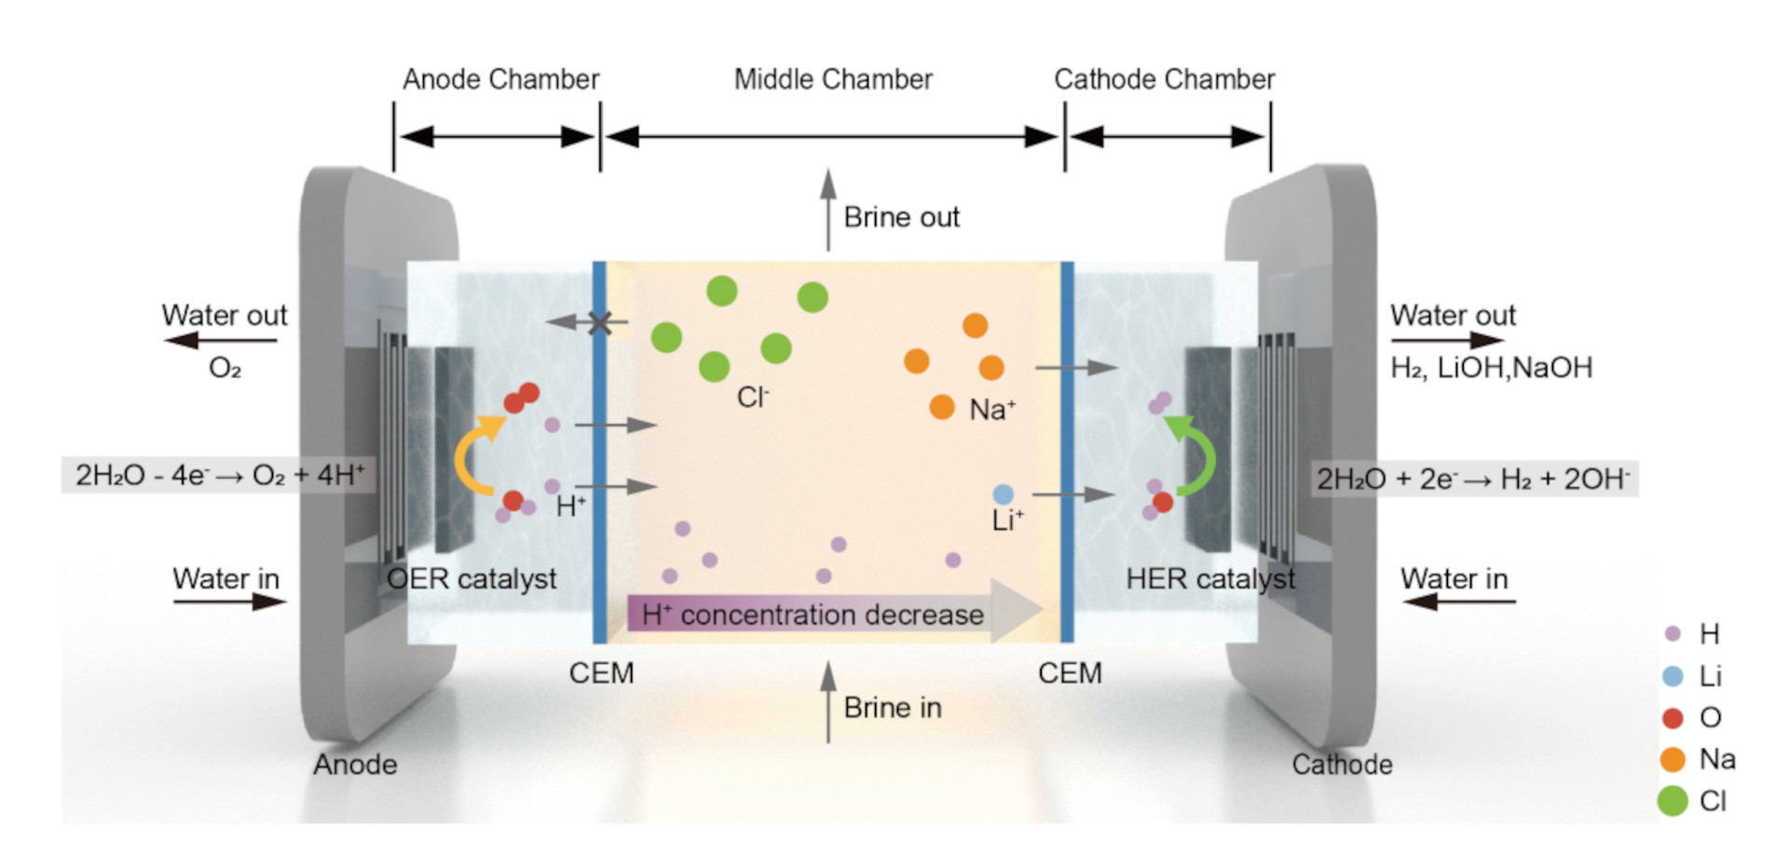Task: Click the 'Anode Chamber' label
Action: tap(500, 79)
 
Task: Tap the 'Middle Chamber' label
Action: tap(833, 79)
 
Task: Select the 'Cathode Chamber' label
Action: tap(1164, 79)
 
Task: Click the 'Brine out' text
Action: tap(901, 217)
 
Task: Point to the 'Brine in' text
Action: tap(893, 708)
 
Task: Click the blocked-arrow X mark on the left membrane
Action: tap(600, 323)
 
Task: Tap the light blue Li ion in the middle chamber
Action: tap(1003, 494)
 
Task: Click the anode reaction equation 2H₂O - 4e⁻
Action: tap(220, 475)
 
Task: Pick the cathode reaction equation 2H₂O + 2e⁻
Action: tap(1473, 479)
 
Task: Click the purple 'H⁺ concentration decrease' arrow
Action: tap(835, 612)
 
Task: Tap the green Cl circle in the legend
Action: tap(1673, 801)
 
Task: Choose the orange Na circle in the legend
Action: tap(1673, 759)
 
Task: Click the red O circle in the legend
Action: tap(1673, 718)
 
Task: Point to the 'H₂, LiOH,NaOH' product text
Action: tap(1491, 368)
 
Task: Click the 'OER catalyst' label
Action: tap(471, 578)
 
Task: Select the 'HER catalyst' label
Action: tap(1210, 578)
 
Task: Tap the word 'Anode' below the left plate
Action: tap(355, 765)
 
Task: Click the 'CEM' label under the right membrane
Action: tap(1070, 672)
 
